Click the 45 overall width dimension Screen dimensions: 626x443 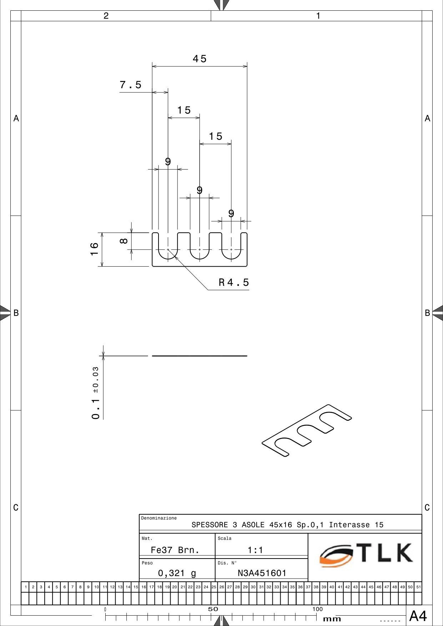(200, 59)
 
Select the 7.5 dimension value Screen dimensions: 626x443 (131, 85)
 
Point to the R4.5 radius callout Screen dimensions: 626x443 (234, 283)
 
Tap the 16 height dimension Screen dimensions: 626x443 (94, 249)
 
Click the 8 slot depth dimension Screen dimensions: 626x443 (124, 241)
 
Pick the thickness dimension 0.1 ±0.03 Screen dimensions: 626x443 (96, 393)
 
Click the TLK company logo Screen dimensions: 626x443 (366, 555)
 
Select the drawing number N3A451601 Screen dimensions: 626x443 (262, 573)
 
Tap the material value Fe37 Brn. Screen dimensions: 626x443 (175, 550)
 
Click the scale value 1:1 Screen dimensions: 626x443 (255, 550)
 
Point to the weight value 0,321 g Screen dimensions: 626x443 (177, 573)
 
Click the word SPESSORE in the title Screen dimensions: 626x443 (210, 525)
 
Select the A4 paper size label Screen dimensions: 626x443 (418, 616)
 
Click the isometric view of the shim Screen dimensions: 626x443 (307, 430)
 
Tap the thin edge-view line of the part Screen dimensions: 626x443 (200, 356)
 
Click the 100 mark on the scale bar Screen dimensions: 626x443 (317, 609)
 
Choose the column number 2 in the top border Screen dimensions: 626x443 (106, 16)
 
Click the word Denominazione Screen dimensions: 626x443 (159, 518)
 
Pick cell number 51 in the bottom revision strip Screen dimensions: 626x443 (418, 587)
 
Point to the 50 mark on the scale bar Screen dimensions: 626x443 (213, 609)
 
